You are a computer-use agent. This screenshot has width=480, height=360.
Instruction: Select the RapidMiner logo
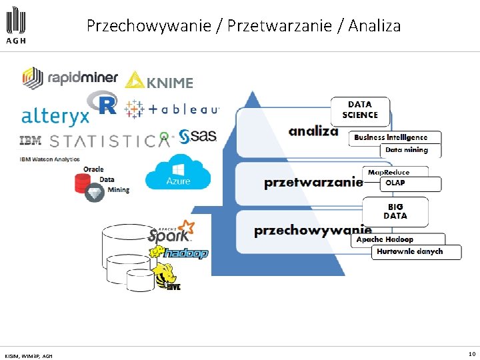70,78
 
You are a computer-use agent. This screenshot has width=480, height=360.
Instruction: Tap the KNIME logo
159,81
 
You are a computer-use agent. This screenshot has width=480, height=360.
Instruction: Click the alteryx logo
55,116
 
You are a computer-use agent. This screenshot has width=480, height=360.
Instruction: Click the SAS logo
197,136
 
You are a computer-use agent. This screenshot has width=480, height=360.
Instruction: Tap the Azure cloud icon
178,173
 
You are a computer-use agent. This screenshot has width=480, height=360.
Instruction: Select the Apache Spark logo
171,232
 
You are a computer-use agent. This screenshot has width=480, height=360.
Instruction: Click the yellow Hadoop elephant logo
178,253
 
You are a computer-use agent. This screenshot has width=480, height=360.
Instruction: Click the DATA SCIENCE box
360,110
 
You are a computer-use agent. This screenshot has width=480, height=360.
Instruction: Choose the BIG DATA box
395,211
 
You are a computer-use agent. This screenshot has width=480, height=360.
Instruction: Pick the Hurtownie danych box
416,252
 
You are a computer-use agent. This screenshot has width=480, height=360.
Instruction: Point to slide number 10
471,354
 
